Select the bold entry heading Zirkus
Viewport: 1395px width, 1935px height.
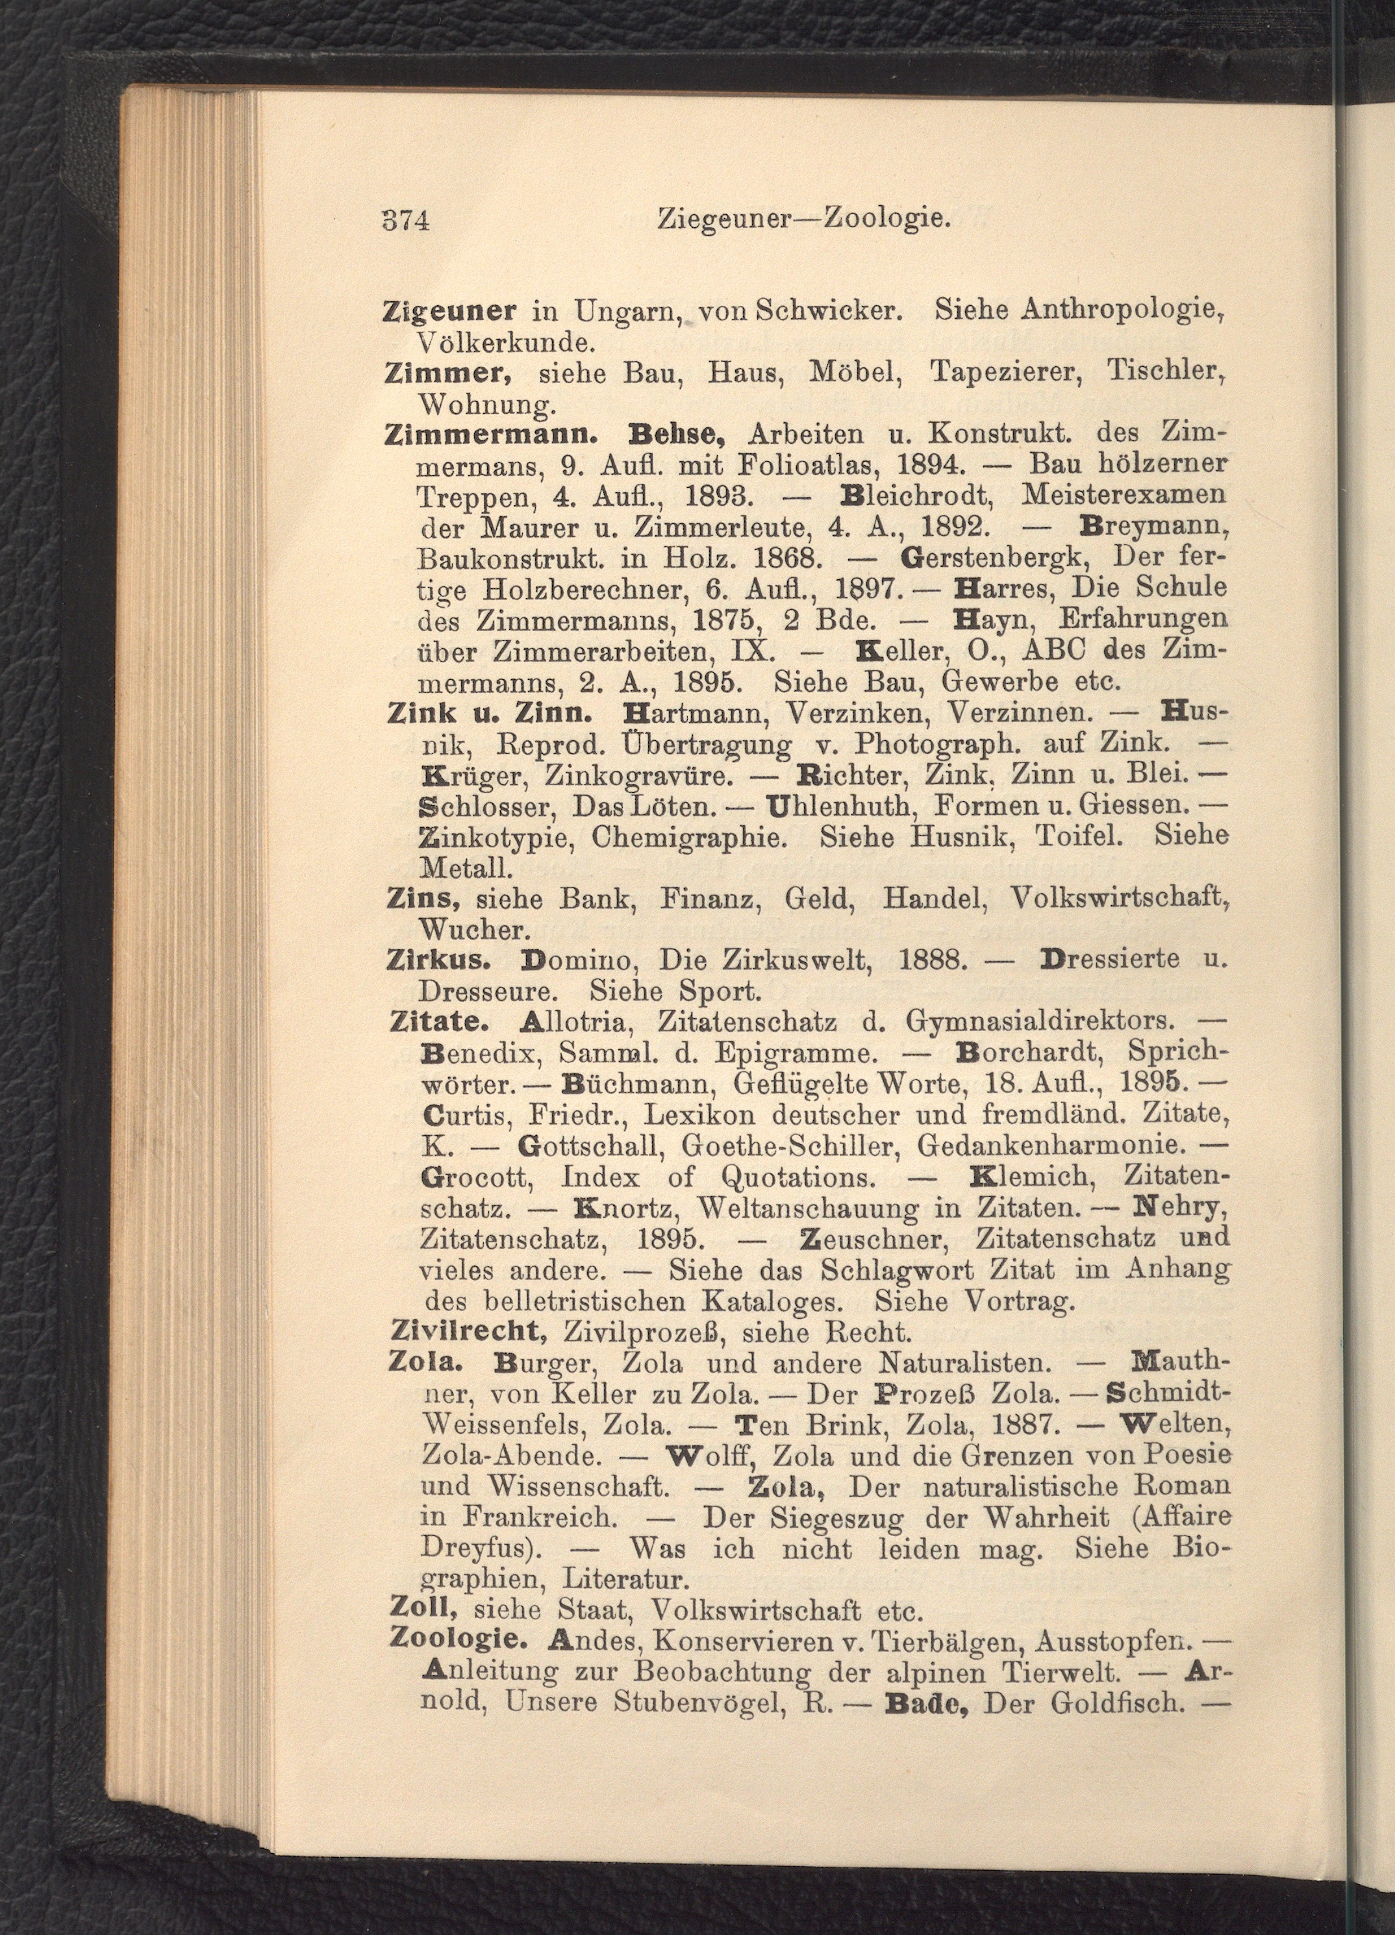438,960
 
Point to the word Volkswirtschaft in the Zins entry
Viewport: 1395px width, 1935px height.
1116,899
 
